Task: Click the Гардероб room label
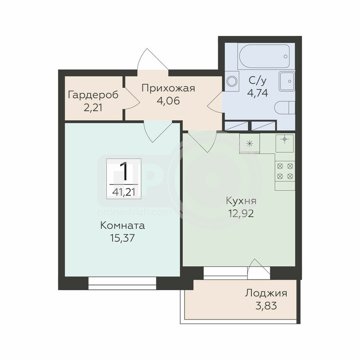93,95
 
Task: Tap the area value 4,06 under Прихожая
168,100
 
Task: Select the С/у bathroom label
258,81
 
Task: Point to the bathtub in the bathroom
264,56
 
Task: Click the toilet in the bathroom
285,108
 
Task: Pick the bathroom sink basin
287,81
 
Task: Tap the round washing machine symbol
232,81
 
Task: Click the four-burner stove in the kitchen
285,171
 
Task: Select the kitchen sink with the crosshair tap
285,143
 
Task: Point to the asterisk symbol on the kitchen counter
249,144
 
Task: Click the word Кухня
241,201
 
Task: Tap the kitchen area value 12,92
241,214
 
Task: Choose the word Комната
122,226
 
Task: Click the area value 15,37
122,238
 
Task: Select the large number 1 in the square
125,171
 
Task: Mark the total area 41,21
124,192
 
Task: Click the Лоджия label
266,293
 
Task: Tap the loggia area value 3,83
266,306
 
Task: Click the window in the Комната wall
122,283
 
